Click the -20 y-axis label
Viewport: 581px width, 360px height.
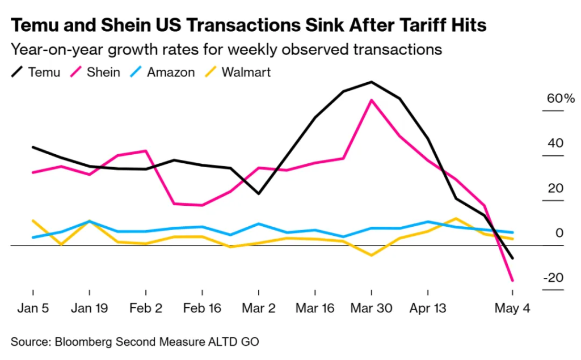(x=553, y=278)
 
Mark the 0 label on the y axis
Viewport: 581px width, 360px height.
(x=559, y=233)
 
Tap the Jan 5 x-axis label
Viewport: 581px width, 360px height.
(x=33, y=309)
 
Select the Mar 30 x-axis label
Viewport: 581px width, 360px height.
(x=371, y=309)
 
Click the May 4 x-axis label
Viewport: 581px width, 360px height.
(x=513, y=309)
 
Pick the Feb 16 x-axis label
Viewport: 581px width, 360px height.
(x=202, y=309)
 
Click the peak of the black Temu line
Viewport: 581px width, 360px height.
(x=371, y=82)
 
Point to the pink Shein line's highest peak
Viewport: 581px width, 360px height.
(x=371, y=100)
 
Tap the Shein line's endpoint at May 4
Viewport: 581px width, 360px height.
(x=513, y=281)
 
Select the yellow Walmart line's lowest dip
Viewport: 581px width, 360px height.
(x=371, y=255)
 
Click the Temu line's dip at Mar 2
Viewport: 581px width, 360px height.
(x=259, y=194)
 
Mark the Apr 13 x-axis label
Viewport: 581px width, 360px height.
(x=428, y=309)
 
